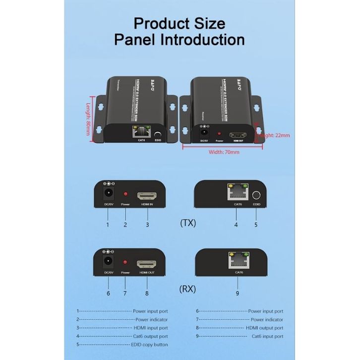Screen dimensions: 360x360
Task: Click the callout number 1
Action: tap(107, 225)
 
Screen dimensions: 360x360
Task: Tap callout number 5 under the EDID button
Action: tap(256, 225)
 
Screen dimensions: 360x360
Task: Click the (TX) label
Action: tap(188, 223)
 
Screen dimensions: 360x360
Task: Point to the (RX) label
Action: tap(188, 289)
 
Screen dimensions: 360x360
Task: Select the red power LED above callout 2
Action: tap(125, 194)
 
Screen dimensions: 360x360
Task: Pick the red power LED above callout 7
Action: tap(125, 262)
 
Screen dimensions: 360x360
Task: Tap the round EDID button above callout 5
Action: tap(256, 195)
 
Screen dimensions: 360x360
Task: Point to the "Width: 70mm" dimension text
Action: tap(224, 152)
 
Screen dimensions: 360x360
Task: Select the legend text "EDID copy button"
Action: tap(150, 345)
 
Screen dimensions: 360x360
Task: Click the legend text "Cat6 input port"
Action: tap(267, 336)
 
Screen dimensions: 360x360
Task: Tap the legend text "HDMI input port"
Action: tap(151, 328)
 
